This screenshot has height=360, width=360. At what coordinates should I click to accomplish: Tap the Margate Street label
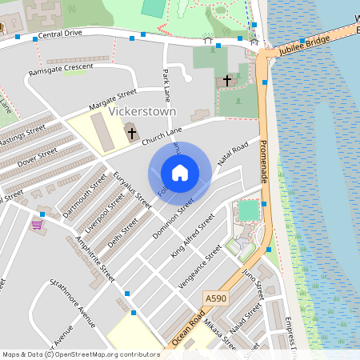pos(113,102)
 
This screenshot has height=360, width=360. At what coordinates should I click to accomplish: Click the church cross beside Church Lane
pos(131,133)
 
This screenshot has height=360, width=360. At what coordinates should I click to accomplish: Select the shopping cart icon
pos(36,225)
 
